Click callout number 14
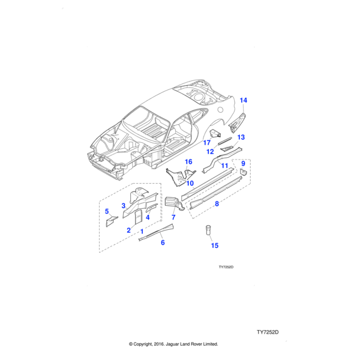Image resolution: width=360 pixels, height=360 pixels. click(x=244, y=100)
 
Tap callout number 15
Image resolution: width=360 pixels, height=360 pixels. click(x=214, y=245)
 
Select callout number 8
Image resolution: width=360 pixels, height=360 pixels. click(x=217, y=205)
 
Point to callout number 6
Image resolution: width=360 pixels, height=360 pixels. click(x=163, y=242)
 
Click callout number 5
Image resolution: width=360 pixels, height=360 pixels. click(x=107, y=211)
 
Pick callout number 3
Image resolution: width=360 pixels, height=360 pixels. click(x=124, y=206)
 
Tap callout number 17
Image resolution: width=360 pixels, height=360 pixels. click(x=206, y=143)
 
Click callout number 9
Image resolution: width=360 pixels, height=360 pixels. click(x=243, y=163)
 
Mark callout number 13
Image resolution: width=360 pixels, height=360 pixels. click(x=241, y=137)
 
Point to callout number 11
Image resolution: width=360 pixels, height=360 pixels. click(x=224, y=166)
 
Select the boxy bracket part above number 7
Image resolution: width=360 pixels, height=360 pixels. click(x=172, y=200)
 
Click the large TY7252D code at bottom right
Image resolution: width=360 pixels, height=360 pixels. click(x=268, y=332)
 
